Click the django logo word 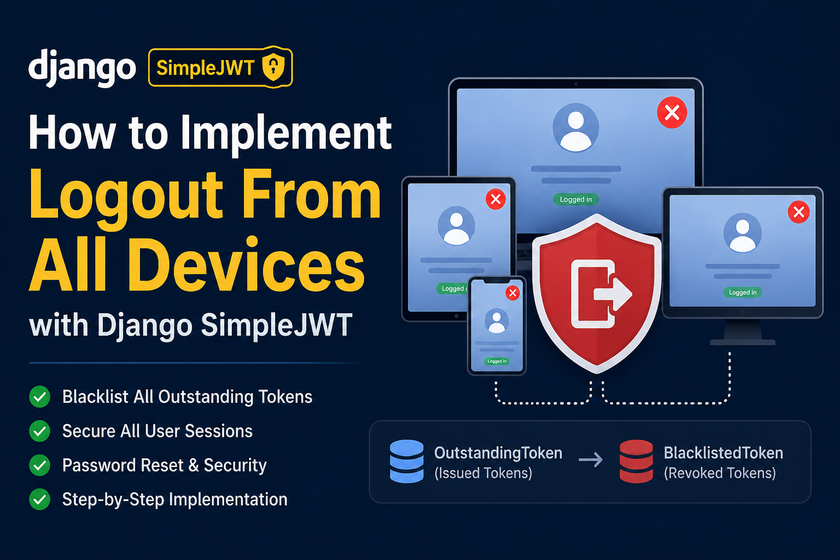click(x=82, y=68)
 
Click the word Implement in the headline click(x=286, y=135)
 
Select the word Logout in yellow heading click(x=126, y=195)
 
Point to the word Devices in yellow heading click(x=248, y=265)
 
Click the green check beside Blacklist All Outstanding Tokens click(x=40, y=396)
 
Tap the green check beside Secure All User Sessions click(x=40, y=431)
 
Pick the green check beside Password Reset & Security click(x=40, y=465)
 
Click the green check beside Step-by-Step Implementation click(x=40, y=499)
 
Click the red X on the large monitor click(x=672, y=113)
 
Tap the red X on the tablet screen click(x=496, y=199)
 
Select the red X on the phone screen click(x=512, y=293)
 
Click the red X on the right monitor click(x=799, y=212)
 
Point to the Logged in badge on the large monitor click(x=576, y=200)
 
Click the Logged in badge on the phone click(x=497, y=361)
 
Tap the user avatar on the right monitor click(x=743, y=233)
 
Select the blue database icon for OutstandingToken click(x=407, y=462)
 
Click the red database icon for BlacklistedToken click(x=637, y=462)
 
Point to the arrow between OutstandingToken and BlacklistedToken click(x=591, y=460)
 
